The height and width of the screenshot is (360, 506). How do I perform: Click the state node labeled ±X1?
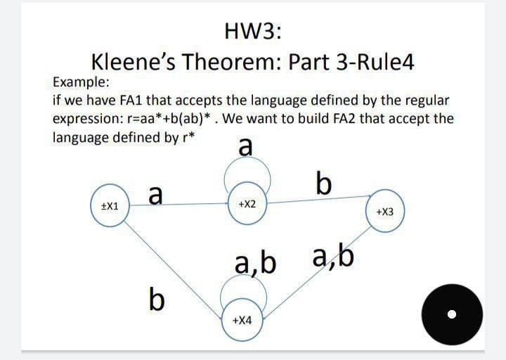point(110,207)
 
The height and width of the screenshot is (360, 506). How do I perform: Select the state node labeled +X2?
point(247,204)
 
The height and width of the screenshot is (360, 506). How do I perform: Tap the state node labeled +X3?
point(389,210)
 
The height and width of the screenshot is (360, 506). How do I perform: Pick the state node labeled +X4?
point(241,320)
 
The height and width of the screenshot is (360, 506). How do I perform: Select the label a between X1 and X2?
point(156,193)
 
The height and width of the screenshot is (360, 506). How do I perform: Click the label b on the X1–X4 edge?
point(157,300)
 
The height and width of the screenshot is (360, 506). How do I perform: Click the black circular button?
point(452,314)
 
